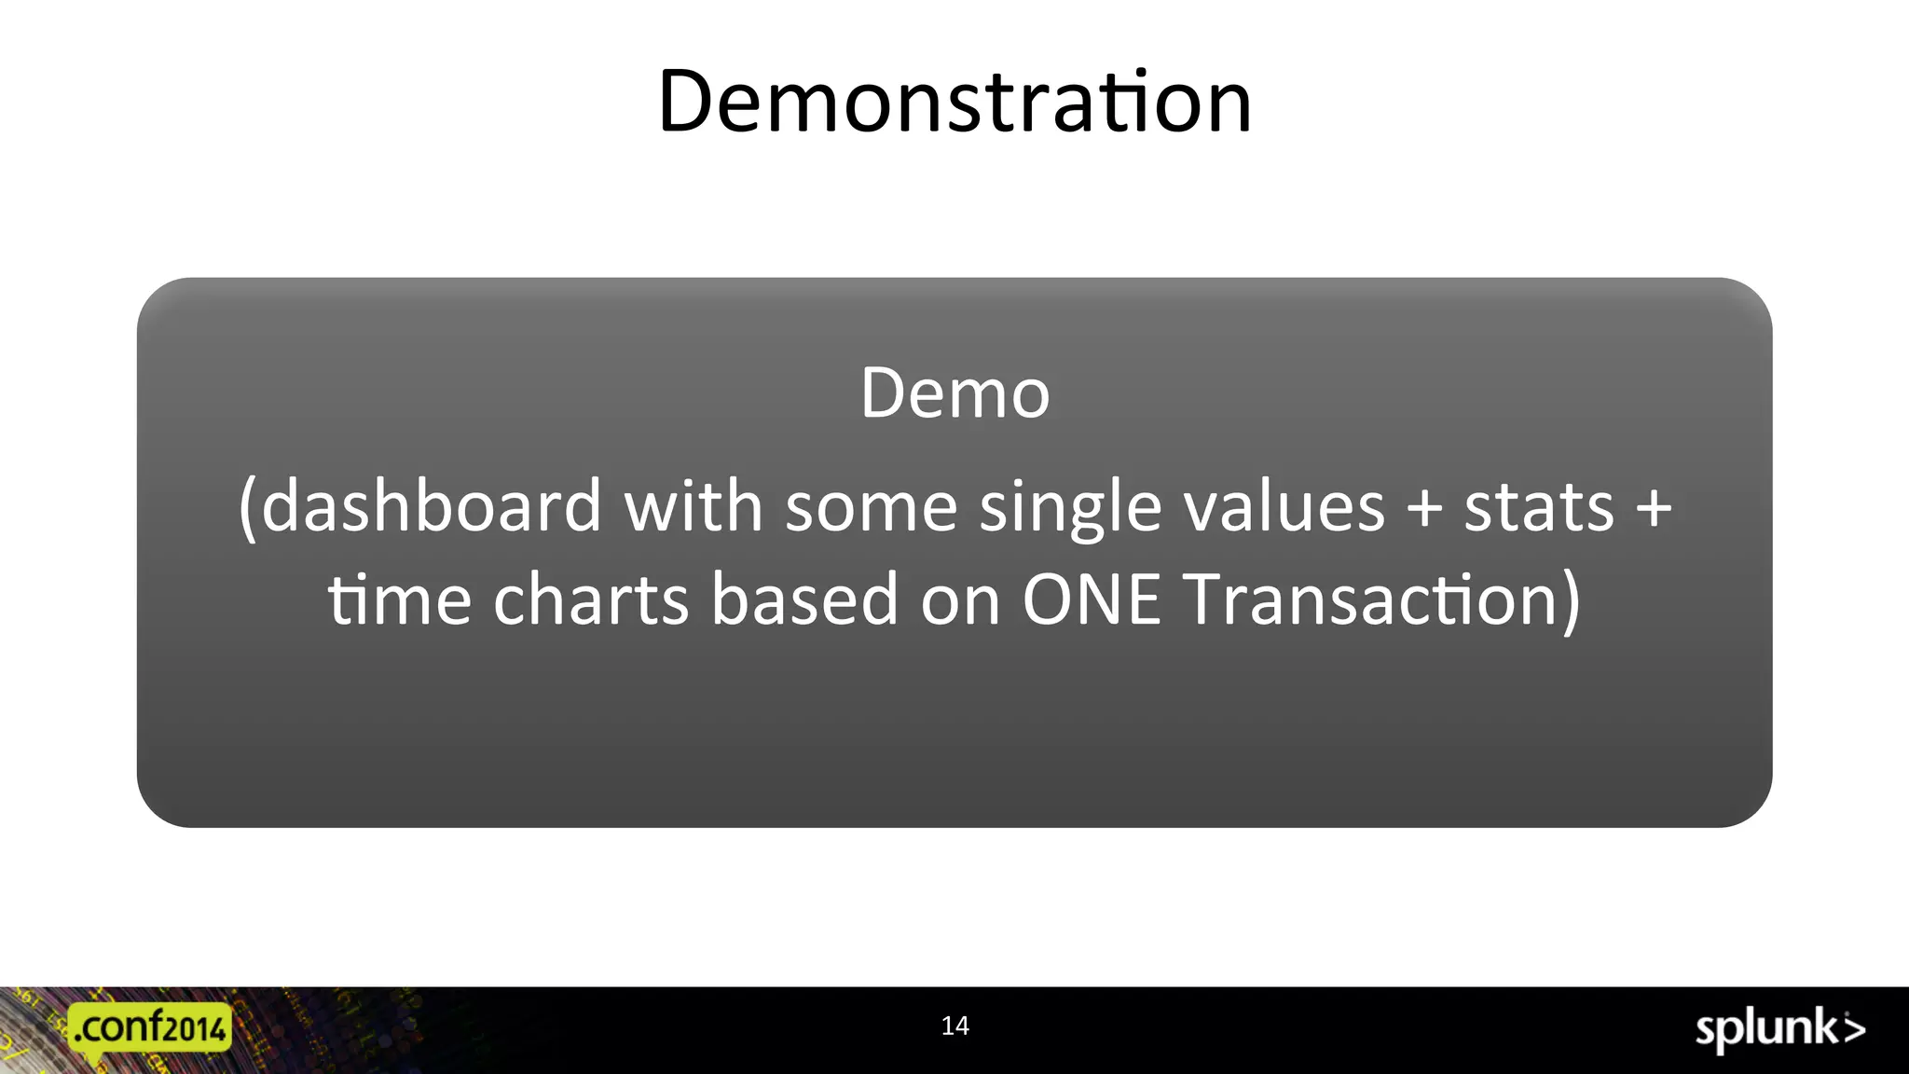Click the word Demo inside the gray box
[x=954, y=393]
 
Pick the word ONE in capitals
[x=1092, y=599]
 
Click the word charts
[x=591, y=599]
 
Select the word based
[x=804, y=599]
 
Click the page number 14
[x=954, y=1026]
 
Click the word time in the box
[x=399, y=599]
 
